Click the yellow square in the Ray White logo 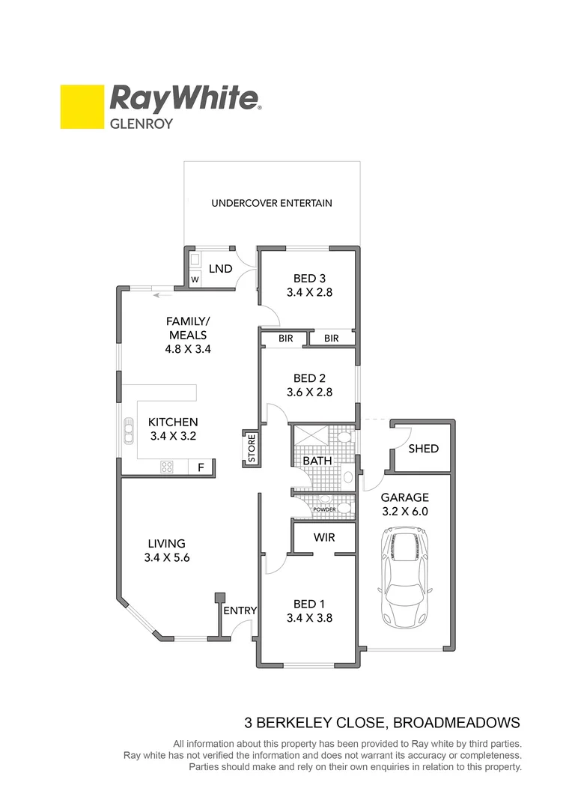pyautogui.click(x=82, y=106)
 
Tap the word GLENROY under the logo pyautogui.click(x=142, y=124)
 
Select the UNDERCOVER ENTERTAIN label pyautogui.click(x=272, y=203)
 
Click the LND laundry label pyautogui.click(x=220, y=269)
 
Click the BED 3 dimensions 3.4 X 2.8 pyautogui.click(x=309, y=293)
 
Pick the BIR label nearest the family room pyautogui.click(x=285, y=339)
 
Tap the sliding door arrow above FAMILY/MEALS pyautogui.click(x=157, y=295)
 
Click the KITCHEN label pyautogui.click(x=173, y=422)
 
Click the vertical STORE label pyautogui.click(x=252, y=448)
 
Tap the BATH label pyautogui.click(x=317, y=461)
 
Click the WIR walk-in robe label pyautogui.click(x=324, y=538)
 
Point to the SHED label pyautogui.click(x=424, y=449)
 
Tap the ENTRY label pyautogui.click(x=242, y=610)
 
